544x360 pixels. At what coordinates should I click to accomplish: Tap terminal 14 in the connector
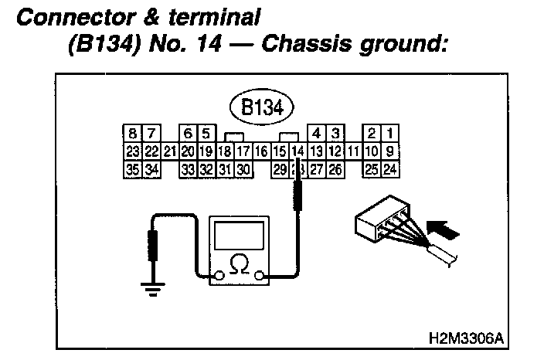coord(298,151)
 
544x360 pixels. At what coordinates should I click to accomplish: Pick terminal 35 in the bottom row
coord(132,168)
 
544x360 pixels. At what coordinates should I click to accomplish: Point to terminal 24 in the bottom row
coord(390,168)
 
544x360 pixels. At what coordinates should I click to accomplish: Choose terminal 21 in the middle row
coord(170,151)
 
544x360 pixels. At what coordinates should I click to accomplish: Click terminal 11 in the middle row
coord(353,151)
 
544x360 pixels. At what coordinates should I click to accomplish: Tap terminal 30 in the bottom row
coord(243,168)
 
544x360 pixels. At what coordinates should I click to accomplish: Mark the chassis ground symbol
coord(151,290)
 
